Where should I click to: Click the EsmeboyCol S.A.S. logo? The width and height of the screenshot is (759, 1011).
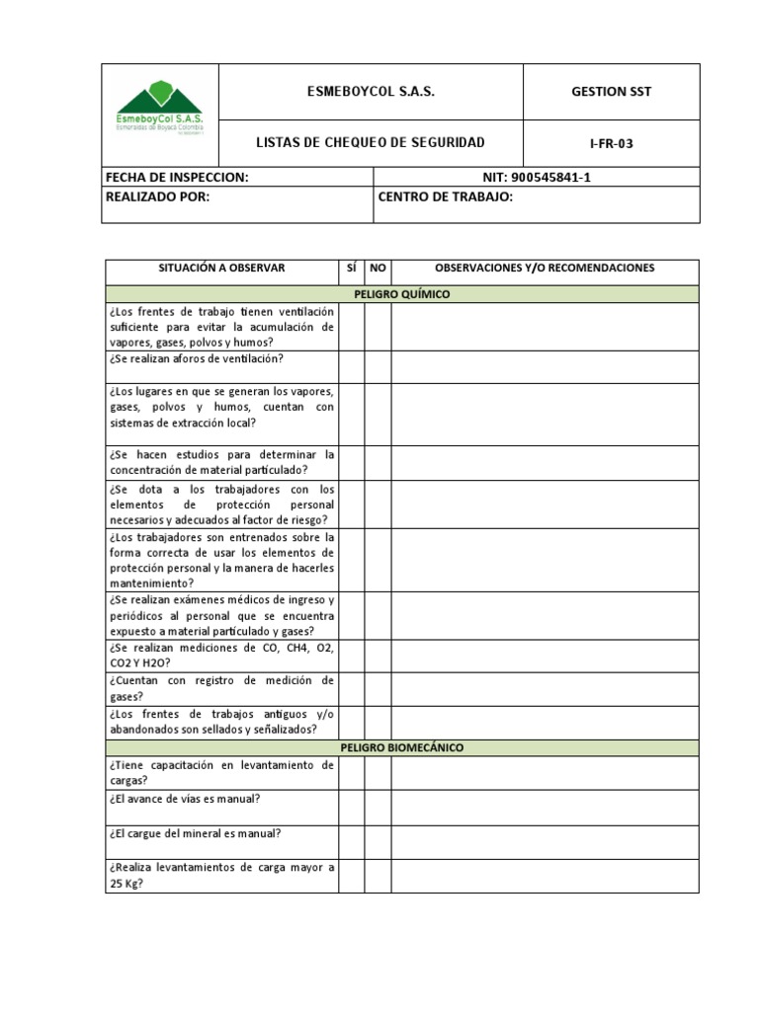point(159,109)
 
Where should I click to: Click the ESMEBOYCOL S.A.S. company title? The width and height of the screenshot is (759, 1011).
point(370,92)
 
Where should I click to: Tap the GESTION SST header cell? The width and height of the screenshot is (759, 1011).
point(611,92)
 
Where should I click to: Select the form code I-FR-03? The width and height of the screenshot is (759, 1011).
point(611,143)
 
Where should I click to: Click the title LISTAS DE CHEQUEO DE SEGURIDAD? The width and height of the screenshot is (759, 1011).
point(370,143)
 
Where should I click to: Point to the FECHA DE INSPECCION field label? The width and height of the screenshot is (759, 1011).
point(176,177)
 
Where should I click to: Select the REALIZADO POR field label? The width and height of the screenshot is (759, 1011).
point(158,196)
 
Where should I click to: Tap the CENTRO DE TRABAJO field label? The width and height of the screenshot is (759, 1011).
point(445,196)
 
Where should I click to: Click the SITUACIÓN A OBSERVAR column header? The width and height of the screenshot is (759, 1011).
point(221,269)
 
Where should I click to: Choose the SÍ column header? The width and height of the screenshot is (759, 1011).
point(351,269)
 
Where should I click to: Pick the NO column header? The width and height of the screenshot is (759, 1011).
point(378,269)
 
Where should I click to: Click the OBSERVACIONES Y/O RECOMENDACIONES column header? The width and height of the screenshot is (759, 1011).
point(545,269)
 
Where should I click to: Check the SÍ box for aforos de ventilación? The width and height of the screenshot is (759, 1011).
point(351,366)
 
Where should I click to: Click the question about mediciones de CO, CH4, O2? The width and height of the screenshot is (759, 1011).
point(221,655)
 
